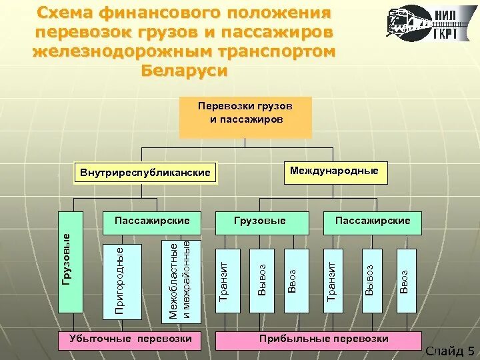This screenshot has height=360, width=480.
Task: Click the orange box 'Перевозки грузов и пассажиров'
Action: (245, 117)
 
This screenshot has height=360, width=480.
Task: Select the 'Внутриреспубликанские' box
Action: (145, 173)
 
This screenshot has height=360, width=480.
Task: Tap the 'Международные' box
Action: (335, 172)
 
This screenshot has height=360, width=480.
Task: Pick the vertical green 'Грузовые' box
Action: (71, 262)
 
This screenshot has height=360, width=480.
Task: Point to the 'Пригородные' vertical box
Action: (120, 280)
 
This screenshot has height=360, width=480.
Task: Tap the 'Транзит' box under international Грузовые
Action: (225, 280)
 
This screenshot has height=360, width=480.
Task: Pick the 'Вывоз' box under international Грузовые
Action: (262, 280)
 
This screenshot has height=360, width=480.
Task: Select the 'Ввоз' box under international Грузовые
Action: (295, 280)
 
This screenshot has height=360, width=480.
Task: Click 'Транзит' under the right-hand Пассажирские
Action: (332, 280)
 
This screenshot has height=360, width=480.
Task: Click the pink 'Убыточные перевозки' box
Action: (131, 340)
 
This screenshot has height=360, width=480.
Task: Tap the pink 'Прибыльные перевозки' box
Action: (324, 340)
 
